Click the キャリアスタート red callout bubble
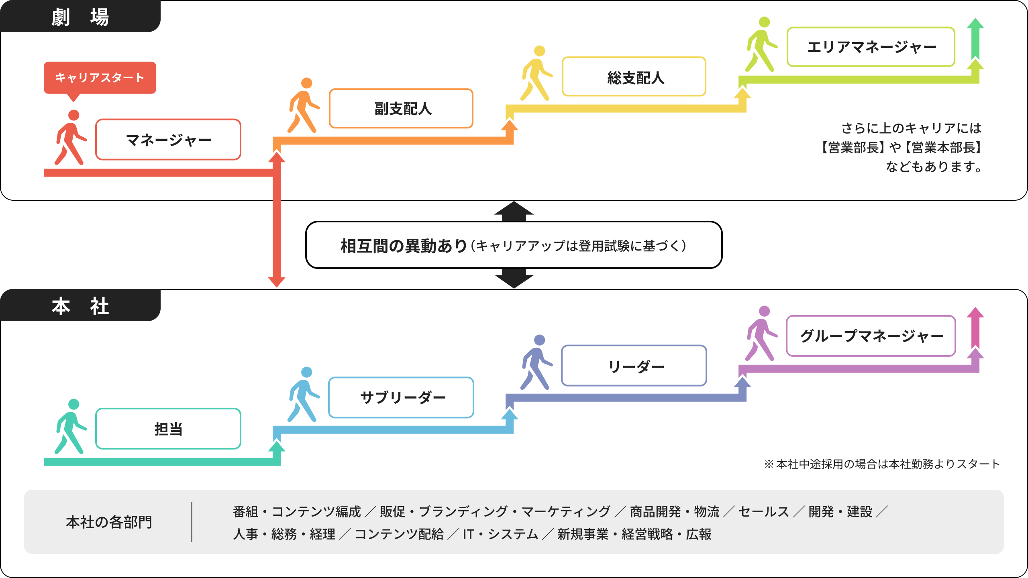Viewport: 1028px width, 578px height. (x=100, y=77)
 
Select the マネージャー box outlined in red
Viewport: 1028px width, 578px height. (x=168, y=140)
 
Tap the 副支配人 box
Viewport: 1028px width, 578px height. (x=401, y=108)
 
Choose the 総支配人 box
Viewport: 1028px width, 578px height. (x=634, y=77)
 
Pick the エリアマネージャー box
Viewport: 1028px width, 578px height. (x=871, y=47)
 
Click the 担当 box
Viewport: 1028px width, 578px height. (x=168, y=429)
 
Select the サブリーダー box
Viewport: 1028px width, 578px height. (x=401, y=397)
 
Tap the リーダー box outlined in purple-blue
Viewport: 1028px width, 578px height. (x=634, y=366)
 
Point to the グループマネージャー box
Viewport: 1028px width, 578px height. (x=871, y=336)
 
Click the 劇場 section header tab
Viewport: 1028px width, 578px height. (x=80, y=16)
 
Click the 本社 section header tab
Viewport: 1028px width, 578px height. (x=80, y=305)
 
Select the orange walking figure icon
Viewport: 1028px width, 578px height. (x=304, y=106)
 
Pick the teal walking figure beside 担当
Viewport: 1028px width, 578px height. (x=71, y=427)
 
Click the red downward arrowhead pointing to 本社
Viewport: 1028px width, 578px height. (x=277, y=282)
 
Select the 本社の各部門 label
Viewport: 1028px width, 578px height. (x=109, y=522)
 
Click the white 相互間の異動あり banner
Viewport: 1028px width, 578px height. (x=514, y=245)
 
